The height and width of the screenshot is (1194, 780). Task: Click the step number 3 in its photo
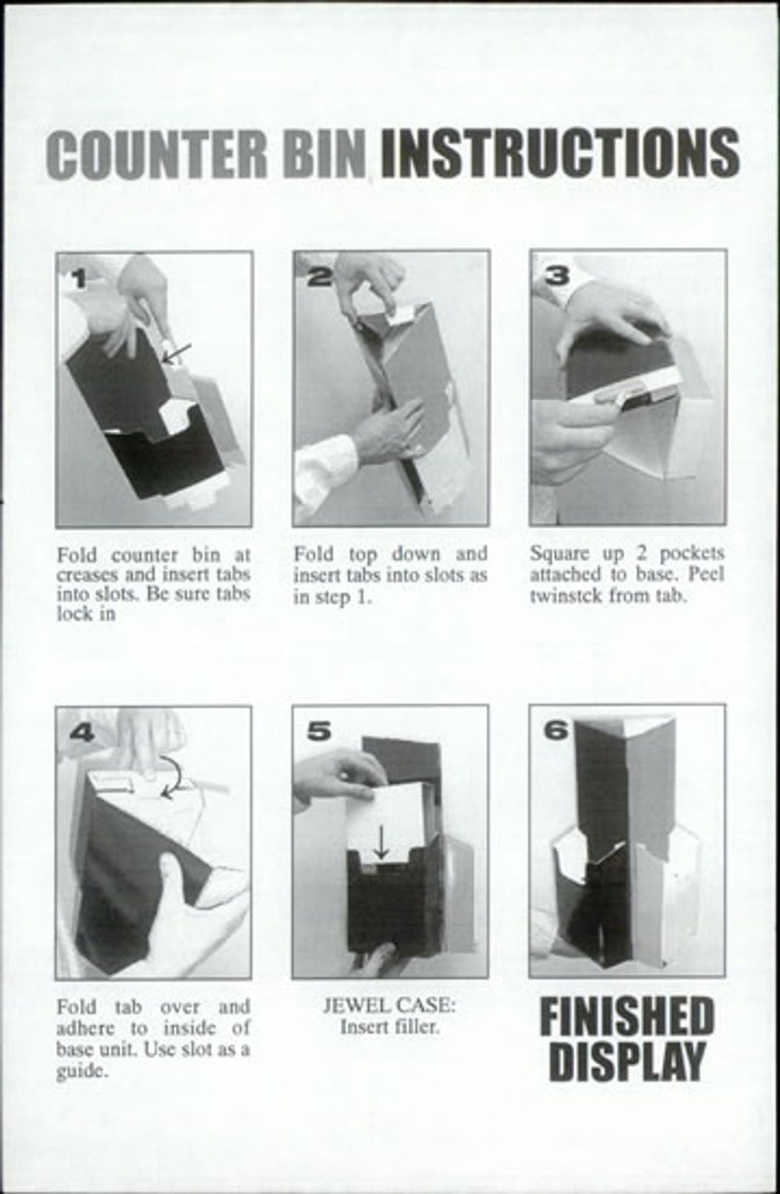pyautogui.click(x=556, y=277)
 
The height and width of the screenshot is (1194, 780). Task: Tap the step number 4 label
pyautogui.click(x=83, y=733)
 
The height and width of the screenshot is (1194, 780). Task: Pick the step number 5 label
pyautogui.click(x=319, y=731)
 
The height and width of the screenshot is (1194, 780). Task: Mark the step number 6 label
pyautogui.click(x=556, y=730)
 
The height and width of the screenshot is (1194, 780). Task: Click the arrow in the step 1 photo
pyautogui.click(x=177, y=353)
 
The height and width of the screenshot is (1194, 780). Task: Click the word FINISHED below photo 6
pyautogui.click(x=627, y=1017)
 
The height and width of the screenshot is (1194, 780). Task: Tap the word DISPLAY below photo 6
pyautogui.click(x=627, y=1062)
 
